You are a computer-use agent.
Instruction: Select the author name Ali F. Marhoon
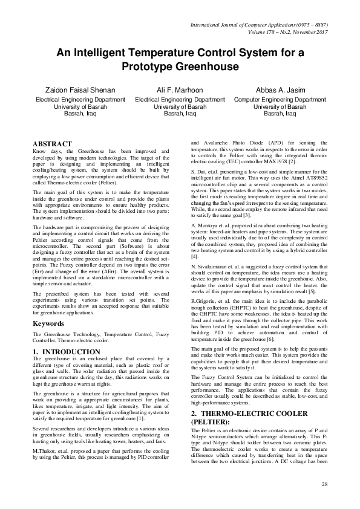click(x=180, y=88)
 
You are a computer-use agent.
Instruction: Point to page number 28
click(x=324, y=485)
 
